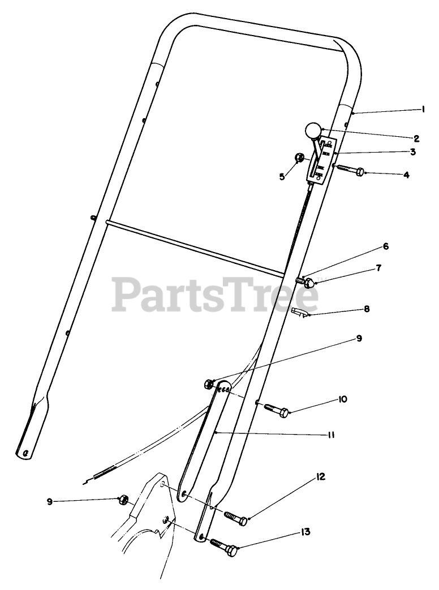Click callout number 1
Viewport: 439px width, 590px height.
tap(423, 110)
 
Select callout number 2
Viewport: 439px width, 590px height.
tap(416, 137)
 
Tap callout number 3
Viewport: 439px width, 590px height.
tap(413, 151)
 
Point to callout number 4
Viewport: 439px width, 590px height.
tap(406, 175)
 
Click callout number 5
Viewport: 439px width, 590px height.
tap(282, 176)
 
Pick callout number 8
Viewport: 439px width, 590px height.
tap(367, 310)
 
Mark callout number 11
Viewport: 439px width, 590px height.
tap(331, 435)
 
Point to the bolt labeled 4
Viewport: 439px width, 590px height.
tap(351, 169)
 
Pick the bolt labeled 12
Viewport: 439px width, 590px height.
tap(236, 518)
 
